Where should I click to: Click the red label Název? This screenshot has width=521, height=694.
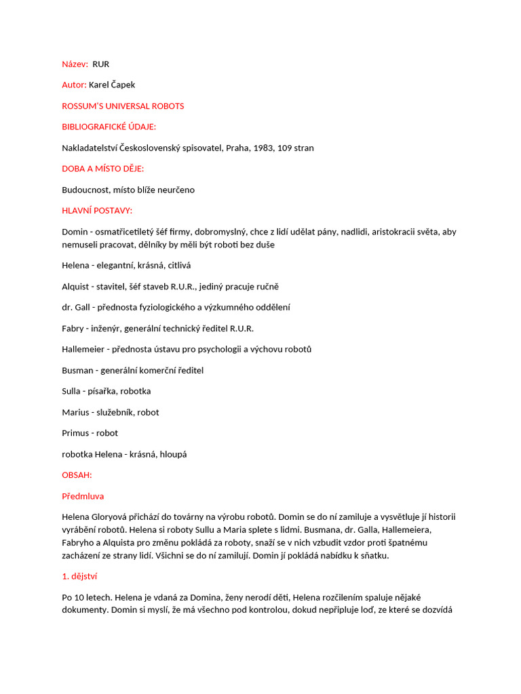(x=75, y=64)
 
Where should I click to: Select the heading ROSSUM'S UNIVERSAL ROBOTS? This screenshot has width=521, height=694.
(x=123, y=106)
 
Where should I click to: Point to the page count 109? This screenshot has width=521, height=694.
(x=286, y=148)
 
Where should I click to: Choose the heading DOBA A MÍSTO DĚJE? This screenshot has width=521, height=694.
(x=103, y=169)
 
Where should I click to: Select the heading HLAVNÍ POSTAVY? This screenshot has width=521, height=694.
(x=97, y=211)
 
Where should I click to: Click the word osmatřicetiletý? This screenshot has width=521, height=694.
(x=130, y=232)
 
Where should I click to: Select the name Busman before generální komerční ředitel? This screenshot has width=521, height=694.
(x=77, y=371)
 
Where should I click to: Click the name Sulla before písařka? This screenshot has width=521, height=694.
(x=72, y=392)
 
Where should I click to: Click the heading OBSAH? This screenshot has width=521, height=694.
(x=77, y=475)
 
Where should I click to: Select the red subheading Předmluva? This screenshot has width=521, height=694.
(x=83, y=496)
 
